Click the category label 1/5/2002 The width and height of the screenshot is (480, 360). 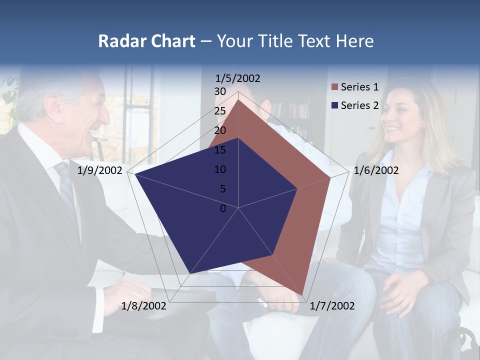pos(237,78)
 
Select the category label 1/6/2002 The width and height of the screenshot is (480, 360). pos(376,170)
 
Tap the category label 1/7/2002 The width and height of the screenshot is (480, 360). pos(332,305)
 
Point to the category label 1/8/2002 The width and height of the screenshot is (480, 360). pos(144,305)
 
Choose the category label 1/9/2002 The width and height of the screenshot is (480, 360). pos(100,170)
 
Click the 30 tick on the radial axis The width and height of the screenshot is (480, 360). pos(220,91)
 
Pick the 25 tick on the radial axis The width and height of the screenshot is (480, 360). pos(220,111)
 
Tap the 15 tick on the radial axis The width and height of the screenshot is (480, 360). pos(220,150)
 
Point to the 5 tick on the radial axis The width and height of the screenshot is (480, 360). pos(222,189)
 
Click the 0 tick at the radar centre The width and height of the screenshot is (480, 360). pos(223,208)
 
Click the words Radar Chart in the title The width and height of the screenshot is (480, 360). pos(146,41)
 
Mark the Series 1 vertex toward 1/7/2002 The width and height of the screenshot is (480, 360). pos(302,294)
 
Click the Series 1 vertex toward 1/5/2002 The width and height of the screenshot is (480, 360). pos(238,99)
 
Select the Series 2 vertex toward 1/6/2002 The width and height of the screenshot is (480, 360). pos(297,188)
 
